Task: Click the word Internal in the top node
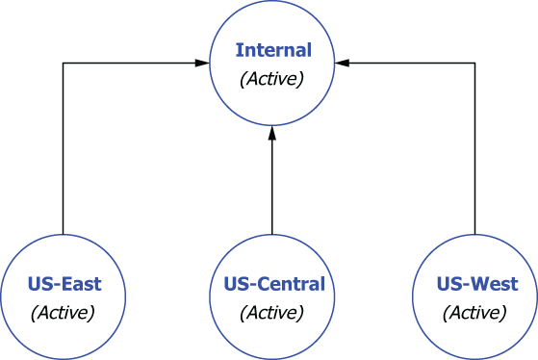(272, 50)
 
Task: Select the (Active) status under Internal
(272, 78)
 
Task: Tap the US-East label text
(64, 284)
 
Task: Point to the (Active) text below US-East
(64, 312)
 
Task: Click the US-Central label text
(273, 284)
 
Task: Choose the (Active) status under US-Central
(273, 312)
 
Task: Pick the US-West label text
(476, 284)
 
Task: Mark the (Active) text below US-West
(476, 312)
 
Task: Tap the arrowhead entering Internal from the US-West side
(343, 64)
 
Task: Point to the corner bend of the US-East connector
(64, 64)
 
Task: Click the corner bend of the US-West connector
(475, 64)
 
